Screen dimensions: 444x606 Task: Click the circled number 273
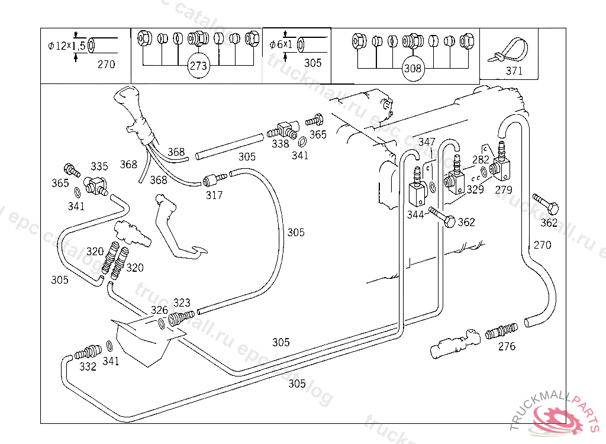coord(198,66)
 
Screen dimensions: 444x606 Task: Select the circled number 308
coord(412,68)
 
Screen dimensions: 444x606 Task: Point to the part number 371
coord(514,71)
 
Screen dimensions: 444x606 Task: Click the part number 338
coord(280,143)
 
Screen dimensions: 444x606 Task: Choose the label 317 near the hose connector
coord(214,195)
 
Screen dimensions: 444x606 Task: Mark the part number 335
coord(99,166)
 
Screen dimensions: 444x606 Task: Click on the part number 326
coord(159,310)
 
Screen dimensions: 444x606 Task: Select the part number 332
coord(88,366)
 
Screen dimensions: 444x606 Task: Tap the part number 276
coord(507,346)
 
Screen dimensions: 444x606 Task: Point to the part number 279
coord(504,190)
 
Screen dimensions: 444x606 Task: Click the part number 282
coord(481,159)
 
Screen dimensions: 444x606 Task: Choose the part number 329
coord(475,189)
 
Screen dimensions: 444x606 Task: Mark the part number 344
coord(415,214)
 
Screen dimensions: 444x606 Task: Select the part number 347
coord(427,142)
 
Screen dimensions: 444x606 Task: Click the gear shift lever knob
coord(127,98)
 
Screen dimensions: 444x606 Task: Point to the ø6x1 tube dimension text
coord(281,44)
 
